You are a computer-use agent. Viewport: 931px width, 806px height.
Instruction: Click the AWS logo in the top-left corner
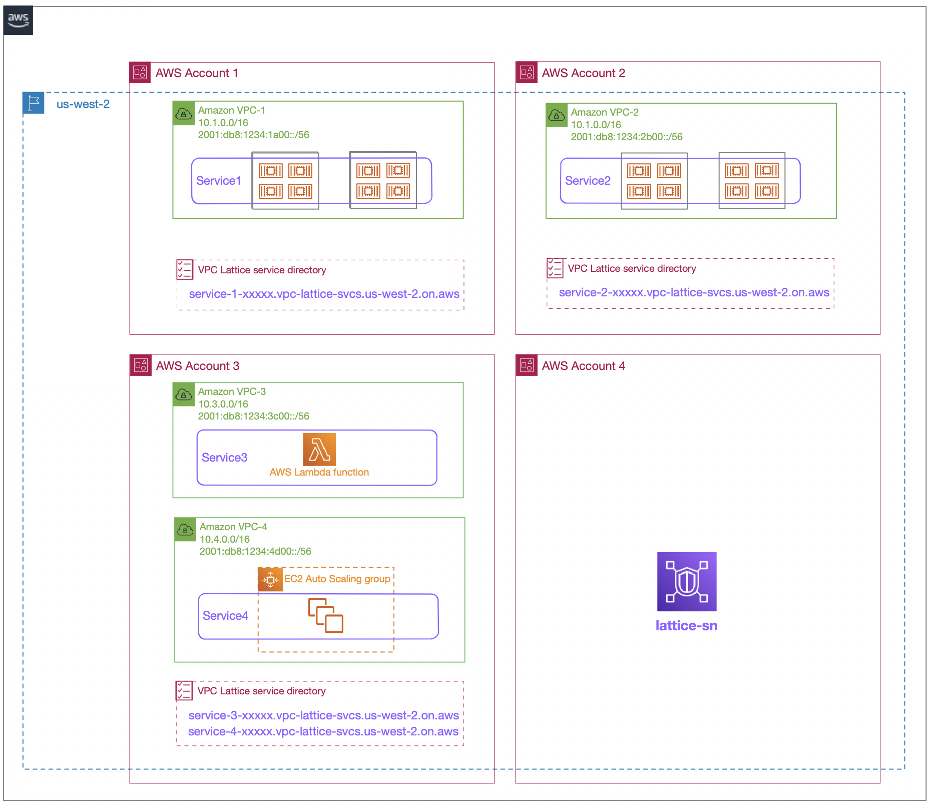18,20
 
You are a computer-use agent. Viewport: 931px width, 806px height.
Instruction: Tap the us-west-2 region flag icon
34,103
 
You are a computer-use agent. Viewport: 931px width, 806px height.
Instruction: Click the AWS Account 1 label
197,73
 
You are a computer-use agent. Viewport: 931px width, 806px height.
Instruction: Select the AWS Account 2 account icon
527,73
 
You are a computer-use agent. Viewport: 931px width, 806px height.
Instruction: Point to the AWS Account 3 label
198,366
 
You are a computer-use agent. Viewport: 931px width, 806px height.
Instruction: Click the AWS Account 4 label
583,366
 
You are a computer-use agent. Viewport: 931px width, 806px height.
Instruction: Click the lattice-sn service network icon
686,582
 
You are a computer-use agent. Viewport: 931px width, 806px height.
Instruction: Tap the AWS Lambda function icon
319,450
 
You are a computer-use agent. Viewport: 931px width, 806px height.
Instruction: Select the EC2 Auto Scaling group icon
270,579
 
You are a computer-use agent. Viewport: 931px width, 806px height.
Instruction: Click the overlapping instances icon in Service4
326,615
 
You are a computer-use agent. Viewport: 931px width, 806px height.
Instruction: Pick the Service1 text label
219,181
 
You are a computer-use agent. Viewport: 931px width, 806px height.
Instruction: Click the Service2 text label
588,181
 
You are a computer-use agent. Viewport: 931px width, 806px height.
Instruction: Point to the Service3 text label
224,458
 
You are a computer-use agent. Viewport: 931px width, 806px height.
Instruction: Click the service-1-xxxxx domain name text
324,294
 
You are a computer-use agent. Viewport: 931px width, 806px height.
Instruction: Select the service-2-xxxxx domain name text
694,292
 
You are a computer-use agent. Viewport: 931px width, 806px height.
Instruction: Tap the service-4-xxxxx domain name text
323,731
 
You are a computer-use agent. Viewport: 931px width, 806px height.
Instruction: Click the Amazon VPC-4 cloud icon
185,530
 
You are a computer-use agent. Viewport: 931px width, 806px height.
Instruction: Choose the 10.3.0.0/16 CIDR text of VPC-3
223,404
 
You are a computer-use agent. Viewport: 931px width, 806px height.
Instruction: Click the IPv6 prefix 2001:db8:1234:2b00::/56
626,137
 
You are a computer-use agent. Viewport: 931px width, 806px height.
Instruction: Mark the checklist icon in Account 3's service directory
184,690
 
